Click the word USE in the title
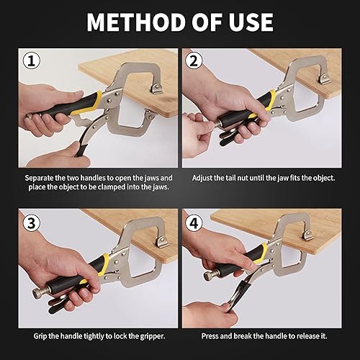pyautogui.click(x=251, y=22)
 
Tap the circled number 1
pyautogui.click(x=32, y=61)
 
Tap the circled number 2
pyautogui.click(x=194, y=61)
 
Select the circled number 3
pyautogui.click(x=32, y=223)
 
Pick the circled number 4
pyautogui.click(x=194, y=223)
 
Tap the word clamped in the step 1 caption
pyautogui.click(x=112, y=187)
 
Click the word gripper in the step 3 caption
pyautogui.click(x=153, y=336)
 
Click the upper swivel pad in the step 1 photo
pyautogui.click(x=156, y=89)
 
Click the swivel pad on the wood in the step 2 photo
pyautogui.click(x=325, y=78)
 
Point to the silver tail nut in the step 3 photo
pyautogui.click(x=38, y=293)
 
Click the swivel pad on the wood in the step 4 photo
pyautogui.click(x=307, y=234)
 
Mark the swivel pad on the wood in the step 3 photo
pyautogui.click(x=162, y=242)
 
